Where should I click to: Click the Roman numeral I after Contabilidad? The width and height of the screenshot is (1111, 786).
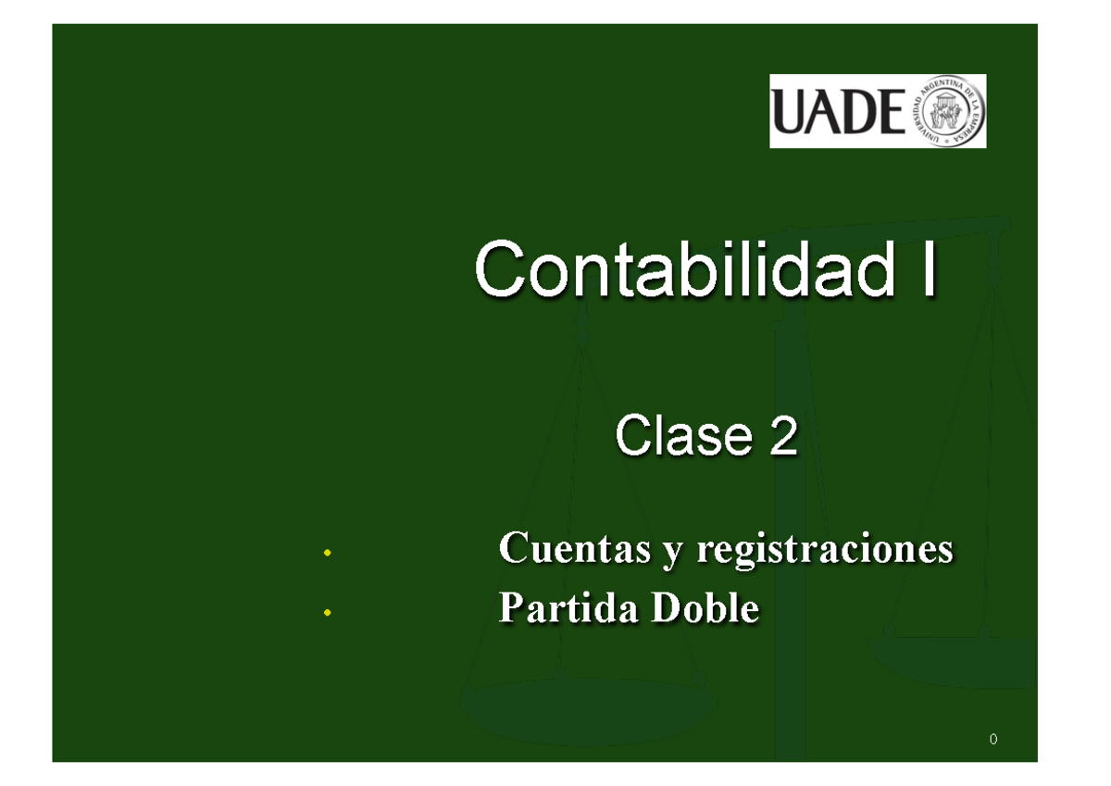(x=927, y=268)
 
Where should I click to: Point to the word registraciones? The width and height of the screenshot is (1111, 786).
(x=824, y=550)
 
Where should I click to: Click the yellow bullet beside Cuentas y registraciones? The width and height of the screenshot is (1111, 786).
(x=326, y=554)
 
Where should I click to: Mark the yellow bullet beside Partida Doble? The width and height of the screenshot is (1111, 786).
(x=326, y=613)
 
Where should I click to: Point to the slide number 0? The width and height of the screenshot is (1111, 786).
(x=993, y=739)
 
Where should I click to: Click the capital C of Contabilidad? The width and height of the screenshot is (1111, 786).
(x=501, y=268)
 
